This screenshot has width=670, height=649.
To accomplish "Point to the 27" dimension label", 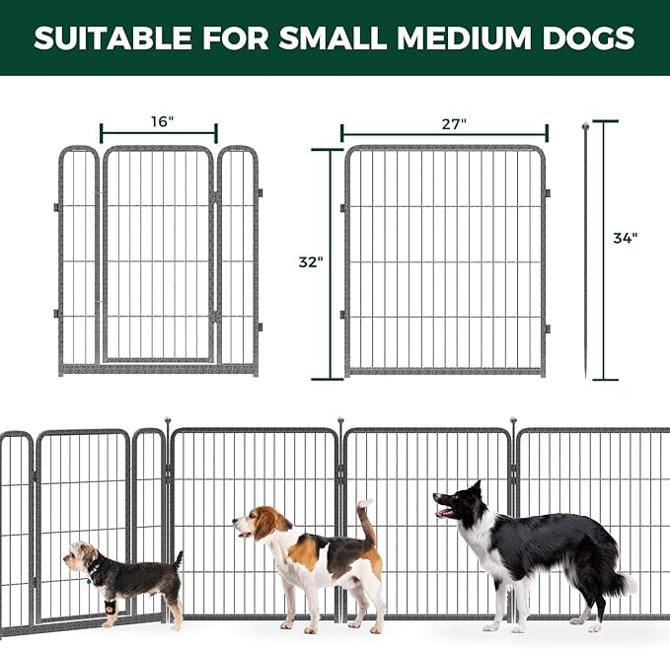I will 454,123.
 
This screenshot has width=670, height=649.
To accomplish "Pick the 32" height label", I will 311,262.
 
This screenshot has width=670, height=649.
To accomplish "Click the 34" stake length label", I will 625,238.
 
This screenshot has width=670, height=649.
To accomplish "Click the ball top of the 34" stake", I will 585,126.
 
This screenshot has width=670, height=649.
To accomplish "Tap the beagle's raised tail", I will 367,521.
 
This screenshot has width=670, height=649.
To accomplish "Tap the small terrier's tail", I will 178,560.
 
